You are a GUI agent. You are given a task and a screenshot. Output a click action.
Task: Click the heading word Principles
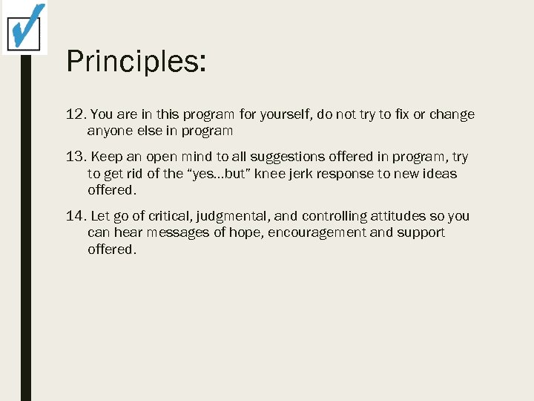click(x=136, y=61)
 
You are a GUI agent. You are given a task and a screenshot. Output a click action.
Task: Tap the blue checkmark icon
click(x=25, y=27)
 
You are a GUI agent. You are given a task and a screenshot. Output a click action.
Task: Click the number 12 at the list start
click(x=75, y=115)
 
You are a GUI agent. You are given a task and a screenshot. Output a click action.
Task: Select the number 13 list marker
click(x=75, y=157)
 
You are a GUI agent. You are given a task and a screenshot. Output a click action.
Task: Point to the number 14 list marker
click(x=75, y=216)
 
